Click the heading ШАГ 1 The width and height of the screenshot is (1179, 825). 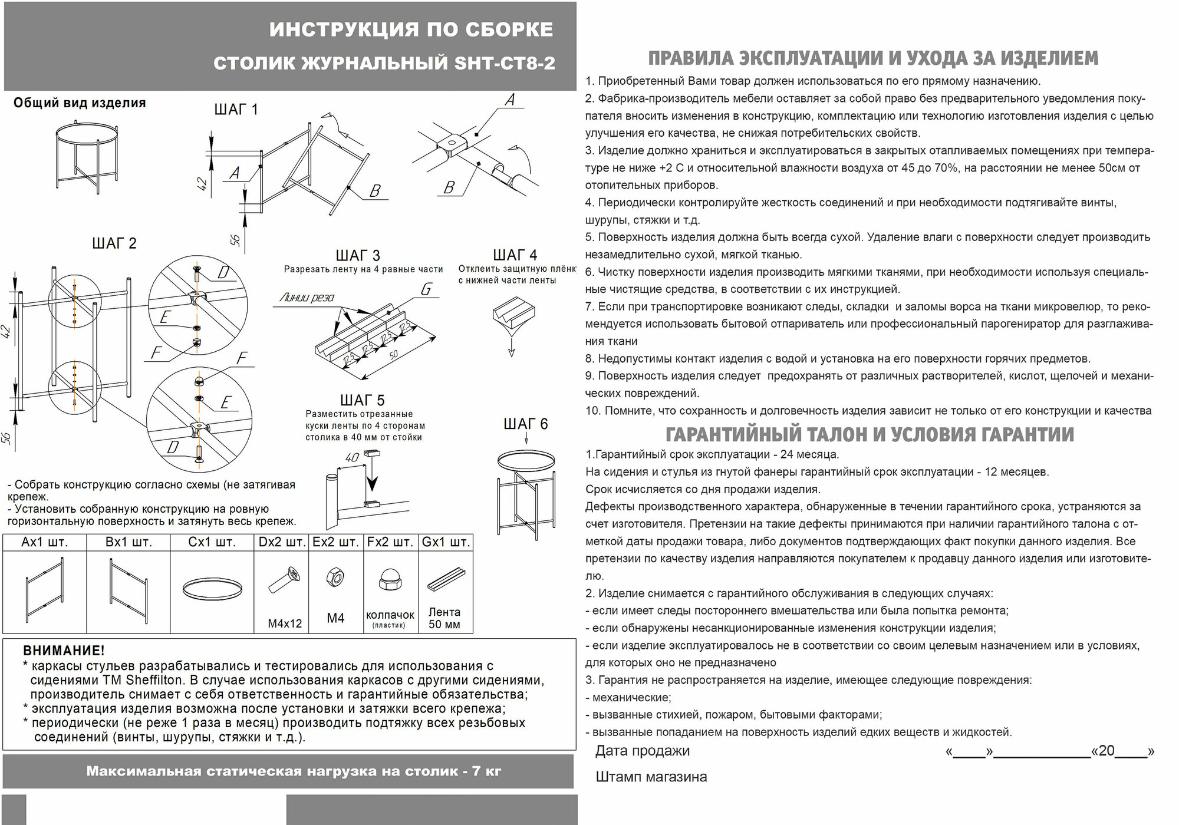[236, 110]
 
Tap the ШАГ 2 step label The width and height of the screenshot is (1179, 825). [114, 243]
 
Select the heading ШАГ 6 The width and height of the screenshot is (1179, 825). [525, 424]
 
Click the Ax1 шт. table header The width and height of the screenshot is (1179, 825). [45, 542]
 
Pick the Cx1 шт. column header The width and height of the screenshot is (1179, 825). [212, 542]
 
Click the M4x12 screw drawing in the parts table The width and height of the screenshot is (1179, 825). [284, 580]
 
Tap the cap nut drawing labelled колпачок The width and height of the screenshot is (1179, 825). [390, 580]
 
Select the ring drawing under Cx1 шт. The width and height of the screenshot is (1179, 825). [212, 589]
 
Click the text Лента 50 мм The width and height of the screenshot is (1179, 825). [444, 618]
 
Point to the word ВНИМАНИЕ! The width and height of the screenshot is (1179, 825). [64, 651]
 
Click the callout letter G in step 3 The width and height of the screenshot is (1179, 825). [426, 289]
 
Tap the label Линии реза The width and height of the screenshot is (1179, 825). [307, 298]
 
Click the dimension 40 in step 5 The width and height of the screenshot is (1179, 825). [352, 457]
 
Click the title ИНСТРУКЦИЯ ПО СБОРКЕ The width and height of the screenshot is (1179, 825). [411, 29]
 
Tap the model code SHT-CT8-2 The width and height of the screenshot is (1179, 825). [505, 63]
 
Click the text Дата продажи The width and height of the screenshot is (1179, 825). [642, 751]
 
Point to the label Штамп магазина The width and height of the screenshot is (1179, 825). [651, 777]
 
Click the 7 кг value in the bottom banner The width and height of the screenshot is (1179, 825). [486, 771]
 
